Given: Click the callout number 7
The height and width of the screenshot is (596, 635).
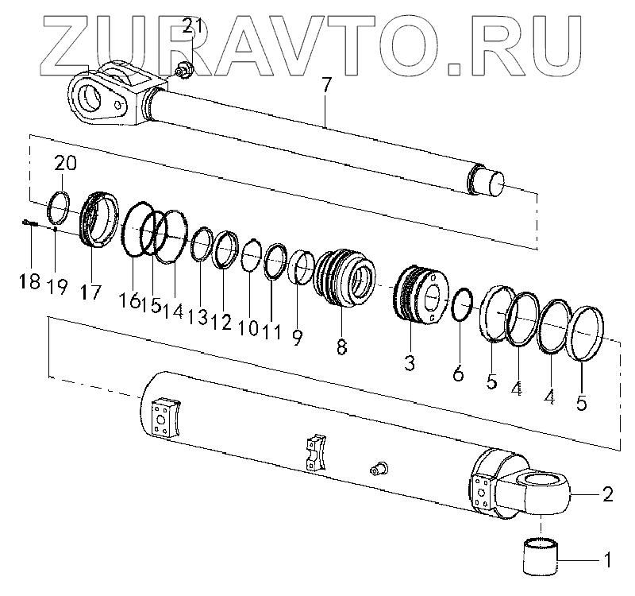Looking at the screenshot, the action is coord(326,86).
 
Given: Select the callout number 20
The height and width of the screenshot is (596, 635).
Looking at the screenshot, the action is coord(66,164).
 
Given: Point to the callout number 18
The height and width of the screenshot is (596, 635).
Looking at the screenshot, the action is coord(30,281).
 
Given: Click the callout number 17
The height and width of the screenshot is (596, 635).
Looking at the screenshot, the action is coord(90,292).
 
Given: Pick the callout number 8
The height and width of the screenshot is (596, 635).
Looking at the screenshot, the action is coord(341,346).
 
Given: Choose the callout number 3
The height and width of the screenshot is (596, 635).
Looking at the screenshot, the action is coord(409,362).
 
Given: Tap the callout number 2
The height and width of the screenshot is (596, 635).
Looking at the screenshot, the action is coord(607,494).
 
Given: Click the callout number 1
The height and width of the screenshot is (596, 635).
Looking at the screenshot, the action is coord(607,560).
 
